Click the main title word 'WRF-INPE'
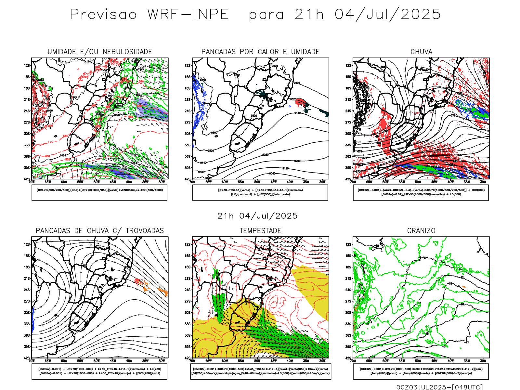click(x=188, y=15)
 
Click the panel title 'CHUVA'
click(x=421, y=52)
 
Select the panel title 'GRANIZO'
click(x=421, y=231)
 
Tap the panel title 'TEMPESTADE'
click(x=260, y=231)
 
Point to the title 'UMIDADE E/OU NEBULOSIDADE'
click(x=100, y=52)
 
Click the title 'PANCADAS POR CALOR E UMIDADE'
click(x=260, y=52)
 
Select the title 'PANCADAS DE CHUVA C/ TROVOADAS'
click(x=100, y=231)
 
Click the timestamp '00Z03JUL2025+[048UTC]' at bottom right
click(x=439, y=387)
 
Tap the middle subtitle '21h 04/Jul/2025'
click(x=257, y=216)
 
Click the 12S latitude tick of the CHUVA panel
click(x=348, y=66)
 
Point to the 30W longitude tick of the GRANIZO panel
click(x=483, y=361)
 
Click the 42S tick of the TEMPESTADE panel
click(x=188, y=358)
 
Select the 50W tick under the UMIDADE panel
click(x=97, y=182)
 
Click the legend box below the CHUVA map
click(x=421, y=192)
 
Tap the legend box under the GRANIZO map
click(x=421, y=371)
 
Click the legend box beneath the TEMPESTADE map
click(x=260, y=371)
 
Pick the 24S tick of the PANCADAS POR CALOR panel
click(x=188, y=111)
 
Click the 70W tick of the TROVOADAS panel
click(x=32, y=361)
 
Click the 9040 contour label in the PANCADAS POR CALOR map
click(x=272, y=174)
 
